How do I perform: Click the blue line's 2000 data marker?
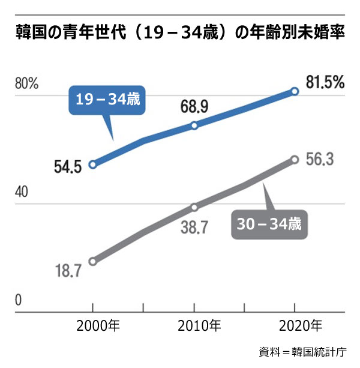[92, 164]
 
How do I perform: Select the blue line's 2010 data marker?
[194, 125]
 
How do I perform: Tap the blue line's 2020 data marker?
[295, 91]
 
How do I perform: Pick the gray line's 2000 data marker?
[92, 262]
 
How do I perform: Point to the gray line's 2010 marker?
[194, 207]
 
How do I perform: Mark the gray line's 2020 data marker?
[295, 159]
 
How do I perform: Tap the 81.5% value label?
[325, 82]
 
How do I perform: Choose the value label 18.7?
[68, 271]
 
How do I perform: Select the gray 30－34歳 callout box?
[269, 225]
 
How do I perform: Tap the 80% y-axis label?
[26, 84]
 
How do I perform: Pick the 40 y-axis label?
[23, 193]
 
